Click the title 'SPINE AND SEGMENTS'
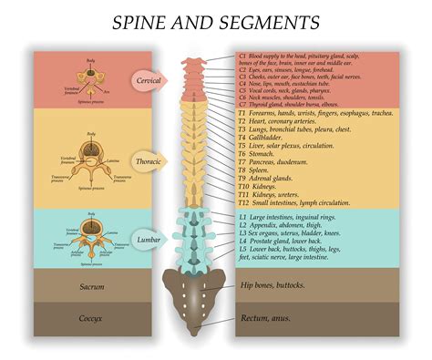click(x=216, y=21)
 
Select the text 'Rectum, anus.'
click(x=267, y=319)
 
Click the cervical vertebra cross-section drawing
click(x=90, y=79)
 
